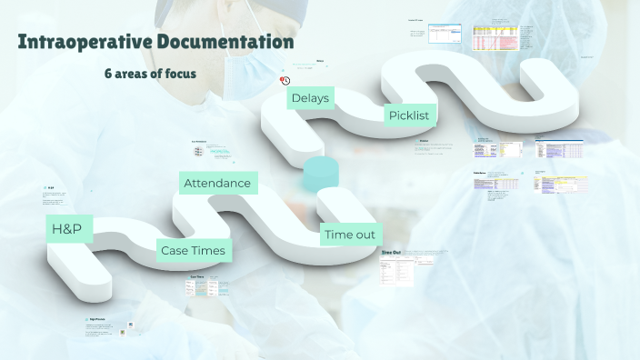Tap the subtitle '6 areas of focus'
coord(150,73)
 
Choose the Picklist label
coord(408,115)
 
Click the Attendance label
coord(217,183)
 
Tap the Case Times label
coord(192,250)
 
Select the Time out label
coord(350,235)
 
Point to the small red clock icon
coord(285,80)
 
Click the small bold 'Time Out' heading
coord(391,251)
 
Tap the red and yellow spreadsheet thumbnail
coord(495,37)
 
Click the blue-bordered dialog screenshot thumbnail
coord(445,34)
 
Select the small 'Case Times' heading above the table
coord(196,276)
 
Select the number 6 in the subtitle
coord(107,73)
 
